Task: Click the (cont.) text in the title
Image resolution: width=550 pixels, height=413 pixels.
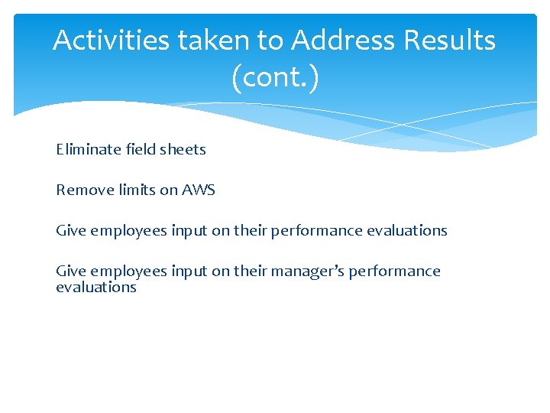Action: [x=274, y=77]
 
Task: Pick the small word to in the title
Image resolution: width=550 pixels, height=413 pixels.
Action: [x=269, y=41]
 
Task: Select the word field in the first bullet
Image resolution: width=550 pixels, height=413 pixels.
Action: [x=139, y=149]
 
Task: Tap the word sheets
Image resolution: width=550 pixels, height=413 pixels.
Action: [x=182, y=149]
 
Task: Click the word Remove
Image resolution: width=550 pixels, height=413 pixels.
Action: [x=82, y=190]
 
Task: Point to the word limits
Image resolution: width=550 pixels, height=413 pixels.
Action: [x=134, y=190]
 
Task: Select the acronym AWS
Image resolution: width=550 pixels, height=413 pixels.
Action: [x=199, y=190]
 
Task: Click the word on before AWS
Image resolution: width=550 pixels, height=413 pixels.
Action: [x=169, y=190]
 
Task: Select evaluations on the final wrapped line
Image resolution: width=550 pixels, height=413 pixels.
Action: [x=96, y=288]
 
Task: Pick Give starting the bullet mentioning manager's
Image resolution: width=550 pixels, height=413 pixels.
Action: [x=71, y=271]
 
